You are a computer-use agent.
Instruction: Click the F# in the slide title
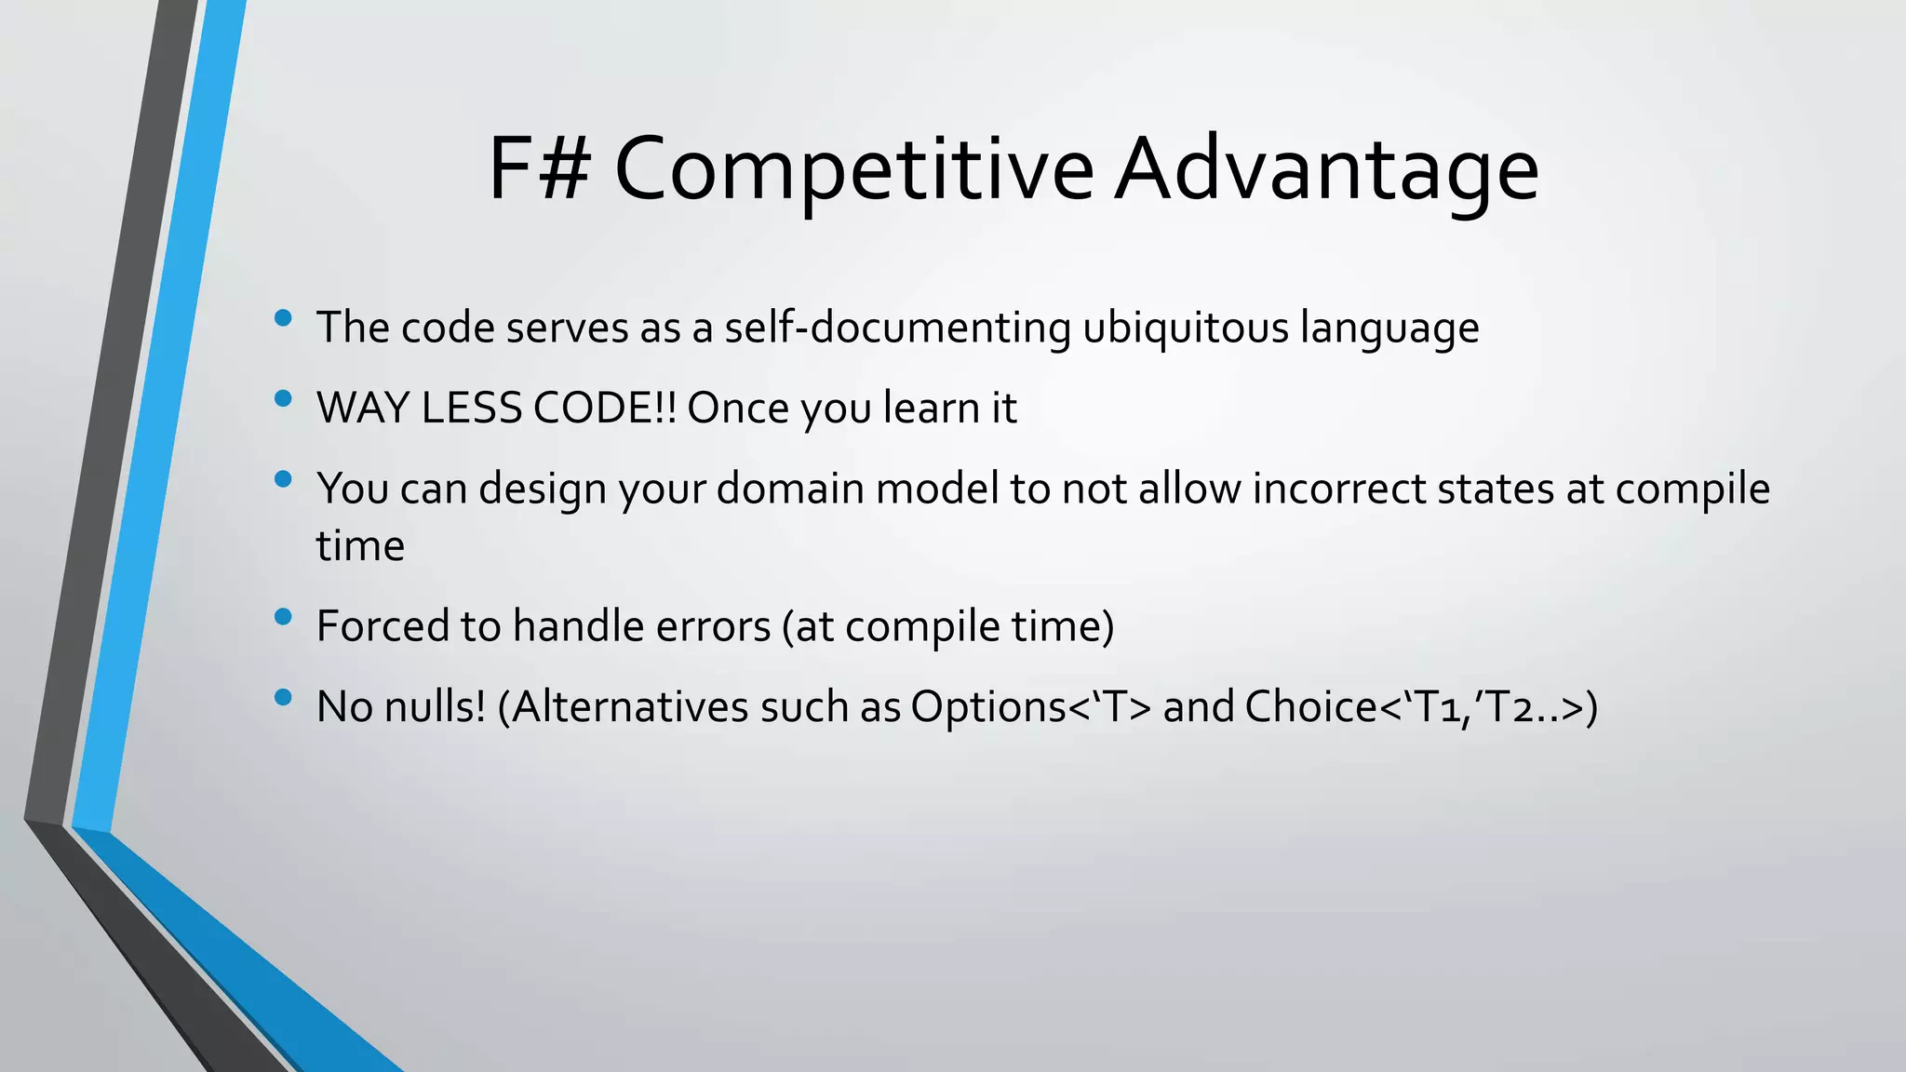(538, 169)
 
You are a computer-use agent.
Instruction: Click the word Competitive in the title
(853, 171)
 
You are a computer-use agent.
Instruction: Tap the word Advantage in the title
(1326, 171)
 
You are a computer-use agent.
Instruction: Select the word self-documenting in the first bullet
(897, 328)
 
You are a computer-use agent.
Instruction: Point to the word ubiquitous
(1185, 328)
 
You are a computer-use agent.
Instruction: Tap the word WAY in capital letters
(362, 409)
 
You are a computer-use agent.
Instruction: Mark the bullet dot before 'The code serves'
(284, 319)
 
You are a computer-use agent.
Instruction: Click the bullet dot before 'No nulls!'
(284, 698)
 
